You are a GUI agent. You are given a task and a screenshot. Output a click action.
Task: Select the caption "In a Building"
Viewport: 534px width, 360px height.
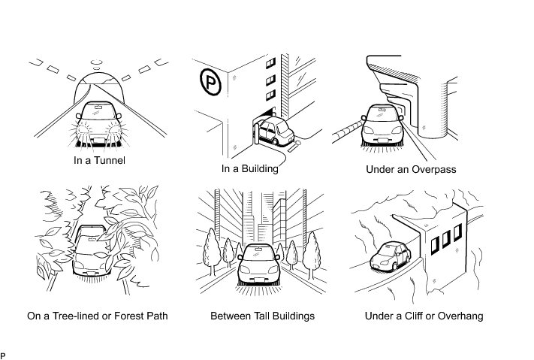click(250, 168)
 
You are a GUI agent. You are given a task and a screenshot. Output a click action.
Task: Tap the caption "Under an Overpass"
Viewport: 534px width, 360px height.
click(411, 170)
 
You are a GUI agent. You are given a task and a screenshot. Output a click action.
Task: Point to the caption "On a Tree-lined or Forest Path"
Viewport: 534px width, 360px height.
click(98, 316)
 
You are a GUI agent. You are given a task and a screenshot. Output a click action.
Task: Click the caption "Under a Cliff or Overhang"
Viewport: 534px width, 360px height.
click(424, 316)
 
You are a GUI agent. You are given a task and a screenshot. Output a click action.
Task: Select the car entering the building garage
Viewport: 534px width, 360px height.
click(276, 132)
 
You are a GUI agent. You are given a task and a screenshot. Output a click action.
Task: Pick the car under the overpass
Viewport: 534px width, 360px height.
click(385, 125)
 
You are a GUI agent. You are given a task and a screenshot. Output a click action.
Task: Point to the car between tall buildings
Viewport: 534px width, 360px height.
click(258, 268)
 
